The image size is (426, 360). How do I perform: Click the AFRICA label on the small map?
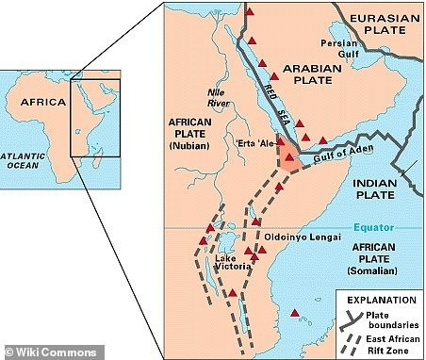(42, 102)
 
